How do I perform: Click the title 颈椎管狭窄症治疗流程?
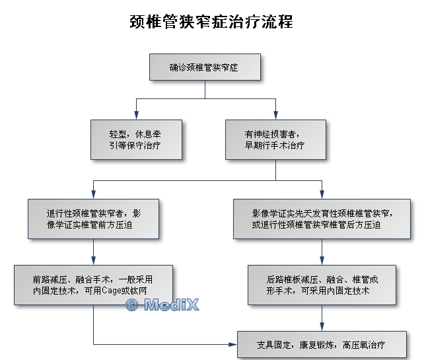click(x=211, y=21)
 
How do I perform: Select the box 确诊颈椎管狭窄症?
click(x=205, y=67)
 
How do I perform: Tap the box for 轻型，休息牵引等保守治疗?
click(x=137, y=138)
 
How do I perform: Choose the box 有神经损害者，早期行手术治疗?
click(x=275, y=138)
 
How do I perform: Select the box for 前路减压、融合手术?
click(x=93, y=285)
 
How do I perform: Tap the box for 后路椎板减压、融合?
click(x=322, y=285)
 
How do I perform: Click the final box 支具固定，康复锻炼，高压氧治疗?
click(x=322, y=345)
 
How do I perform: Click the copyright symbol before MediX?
click(x=131, y=305)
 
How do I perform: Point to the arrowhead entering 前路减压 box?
click(x=93, y=261)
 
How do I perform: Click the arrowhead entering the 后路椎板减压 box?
click(x=322, y=261)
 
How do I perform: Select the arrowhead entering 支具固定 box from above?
click(x=322, y=328)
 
